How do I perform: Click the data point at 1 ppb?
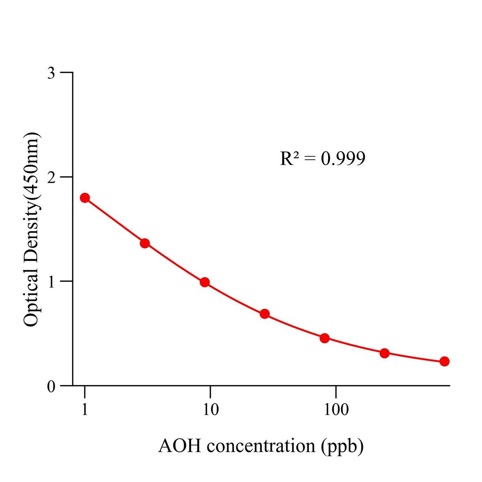pyautogui.click(x=85, y=198)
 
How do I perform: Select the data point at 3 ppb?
pyautogui.click(x=145, y=243)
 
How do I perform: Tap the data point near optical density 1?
pyautogui.click(x=205, y=282)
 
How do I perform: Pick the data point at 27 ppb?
pyautogui.click(x=265, y=314)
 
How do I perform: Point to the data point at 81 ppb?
pyautogui.click(x=324, y=338)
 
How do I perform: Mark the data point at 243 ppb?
pyautogui.click(x=385, y=353)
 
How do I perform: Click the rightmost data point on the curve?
pyautogui.click(x=444, y=361)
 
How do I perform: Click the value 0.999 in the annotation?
pyautogui.click(x=343, y=159)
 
